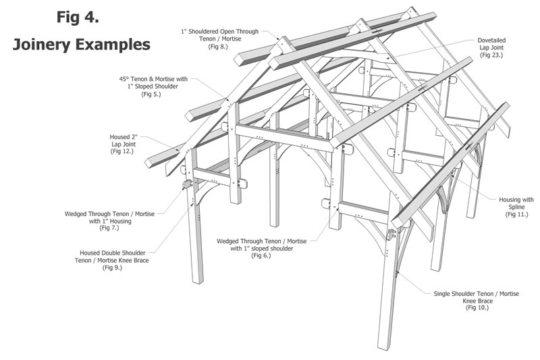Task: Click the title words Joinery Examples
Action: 80,45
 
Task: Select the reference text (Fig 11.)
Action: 516,214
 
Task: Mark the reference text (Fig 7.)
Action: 110,229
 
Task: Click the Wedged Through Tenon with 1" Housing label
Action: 110,217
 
